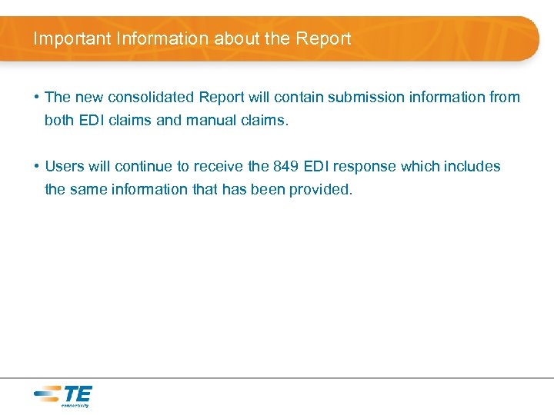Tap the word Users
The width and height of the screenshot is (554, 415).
(64, 166)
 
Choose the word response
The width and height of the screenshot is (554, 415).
(365, 167)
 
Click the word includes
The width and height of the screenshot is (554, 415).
(470, 166)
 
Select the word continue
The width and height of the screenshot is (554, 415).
(145, 166)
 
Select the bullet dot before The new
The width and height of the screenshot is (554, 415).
(36, 97)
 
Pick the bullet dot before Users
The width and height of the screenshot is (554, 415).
(36, 166)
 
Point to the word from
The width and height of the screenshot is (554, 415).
(505, 97)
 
